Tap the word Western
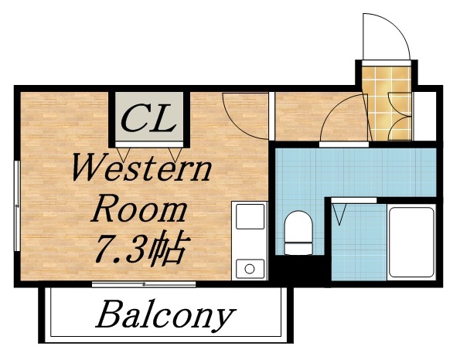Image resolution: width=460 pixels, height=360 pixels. pyautogui.click(x=141, y=168)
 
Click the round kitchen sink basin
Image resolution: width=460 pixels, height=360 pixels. pyautogui.click(x=250, y=269)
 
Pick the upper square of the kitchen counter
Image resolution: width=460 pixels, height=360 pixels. pyautogui.click(x=250, y=217)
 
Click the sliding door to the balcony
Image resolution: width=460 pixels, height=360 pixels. pyautogui.click(x=143, y=284)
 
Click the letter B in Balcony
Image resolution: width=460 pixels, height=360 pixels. pyautogui.click(x=108, y=314)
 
